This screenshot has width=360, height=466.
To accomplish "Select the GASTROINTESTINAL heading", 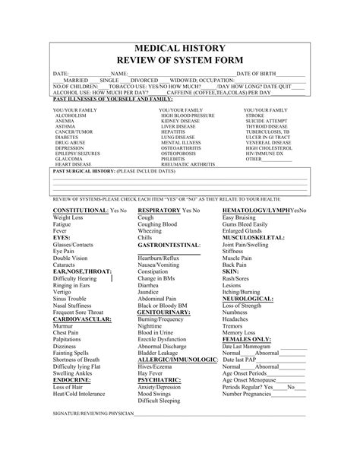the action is [169, 246].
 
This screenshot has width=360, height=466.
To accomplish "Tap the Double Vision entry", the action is [70, 258].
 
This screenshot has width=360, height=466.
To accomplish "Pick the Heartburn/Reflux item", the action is [159, 258].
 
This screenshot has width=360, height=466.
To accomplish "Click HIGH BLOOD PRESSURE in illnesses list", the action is [185, 115].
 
